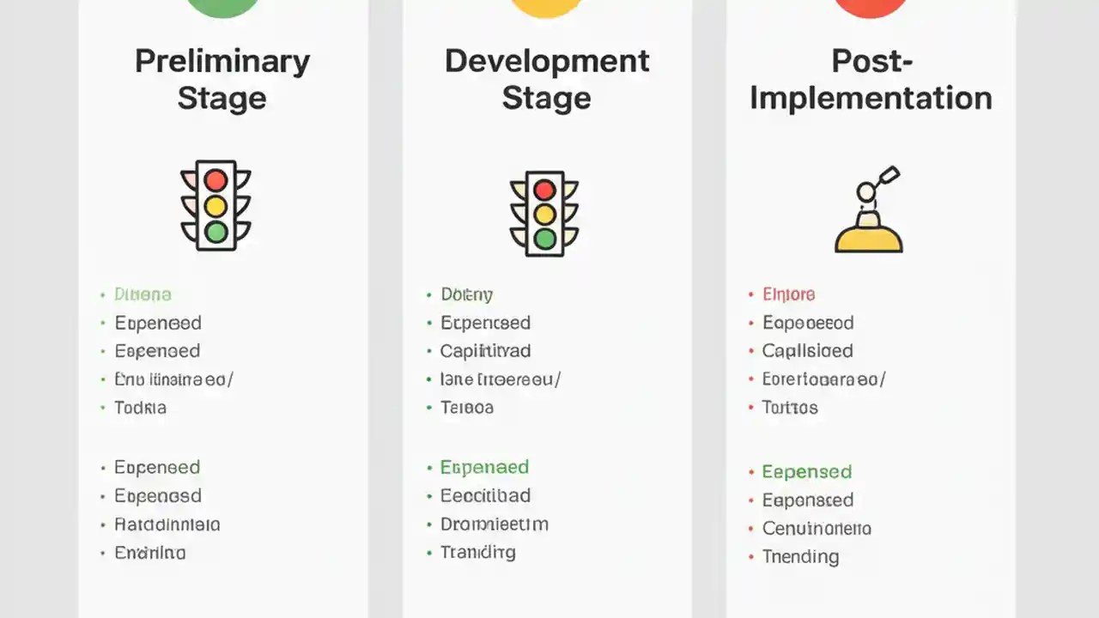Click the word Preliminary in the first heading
[x=222, y=63]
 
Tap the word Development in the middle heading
[x=547, y=61]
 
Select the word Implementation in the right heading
[x=871, y=98]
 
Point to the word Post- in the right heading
[x=871, y=61]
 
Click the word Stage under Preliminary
[x=222, y=98]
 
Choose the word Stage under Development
[x=546, y=98]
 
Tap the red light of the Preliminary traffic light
[x=216, y=180]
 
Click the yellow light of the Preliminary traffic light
[x=216, y=206]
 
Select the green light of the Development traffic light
[x=544, y=239]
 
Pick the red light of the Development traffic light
[x=544, y=189]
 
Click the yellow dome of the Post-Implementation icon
[x=869, y=237]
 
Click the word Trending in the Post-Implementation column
[x=800, y=557]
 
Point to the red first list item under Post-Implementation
[x=788, y=294]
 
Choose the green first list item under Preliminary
[x=143, y=294]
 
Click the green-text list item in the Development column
[x=484, y=468]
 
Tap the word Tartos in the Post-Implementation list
[x=790, y=408]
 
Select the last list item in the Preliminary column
[x=150, y=553]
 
